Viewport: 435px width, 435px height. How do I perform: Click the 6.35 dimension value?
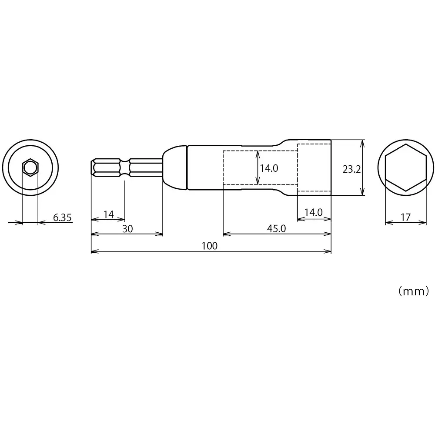click(x=63, y=217)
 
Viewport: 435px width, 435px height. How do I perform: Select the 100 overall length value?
click(x=209, y=246)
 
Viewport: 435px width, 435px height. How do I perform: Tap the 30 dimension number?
click(x=127, y=229)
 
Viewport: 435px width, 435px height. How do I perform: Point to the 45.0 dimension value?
click(x=276, y=229)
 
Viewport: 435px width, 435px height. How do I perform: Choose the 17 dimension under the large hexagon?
click(x=405, y=217)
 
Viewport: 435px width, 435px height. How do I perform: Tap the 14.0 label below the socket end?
click(x=313, y=212)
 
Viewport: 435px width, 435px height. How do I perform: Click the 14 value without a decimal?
click(x=108, y=214)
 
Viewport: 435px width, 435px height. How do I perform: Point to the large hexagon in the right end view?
click(x=405, y=167)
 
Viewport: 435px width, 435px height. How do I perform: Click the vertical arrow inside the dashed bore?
click(x=258, y=167)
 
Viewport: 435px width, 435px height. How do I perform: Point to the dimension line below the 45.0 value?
click(x=277, y=235)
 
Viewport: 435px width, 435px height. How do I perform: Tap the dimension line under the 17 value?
click(x=405, y=223)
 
